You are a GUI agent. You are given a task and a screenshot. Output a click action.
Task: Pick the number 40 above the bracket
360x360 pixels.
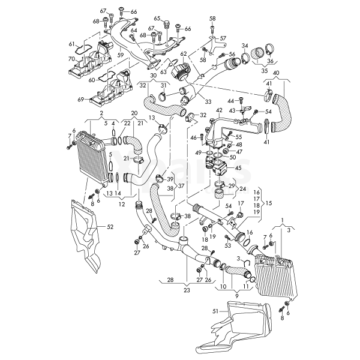click(276, 73)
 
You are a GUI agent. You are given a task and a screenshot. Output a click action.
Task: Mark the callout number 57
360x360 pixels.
click(223, 38)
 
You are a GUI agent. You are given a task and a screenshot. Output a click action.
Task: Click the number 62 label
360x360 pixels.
click(184, 54)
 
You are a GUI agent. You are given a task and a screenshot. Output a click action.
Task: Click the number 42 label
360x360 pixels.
click(220, 110)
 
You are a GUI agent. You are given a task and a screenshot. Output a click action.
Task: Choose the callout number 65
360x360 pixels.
click(157, 19)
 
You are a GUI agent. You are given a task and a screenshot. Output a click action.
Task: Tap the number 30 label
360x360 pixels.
click(154, 76)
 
